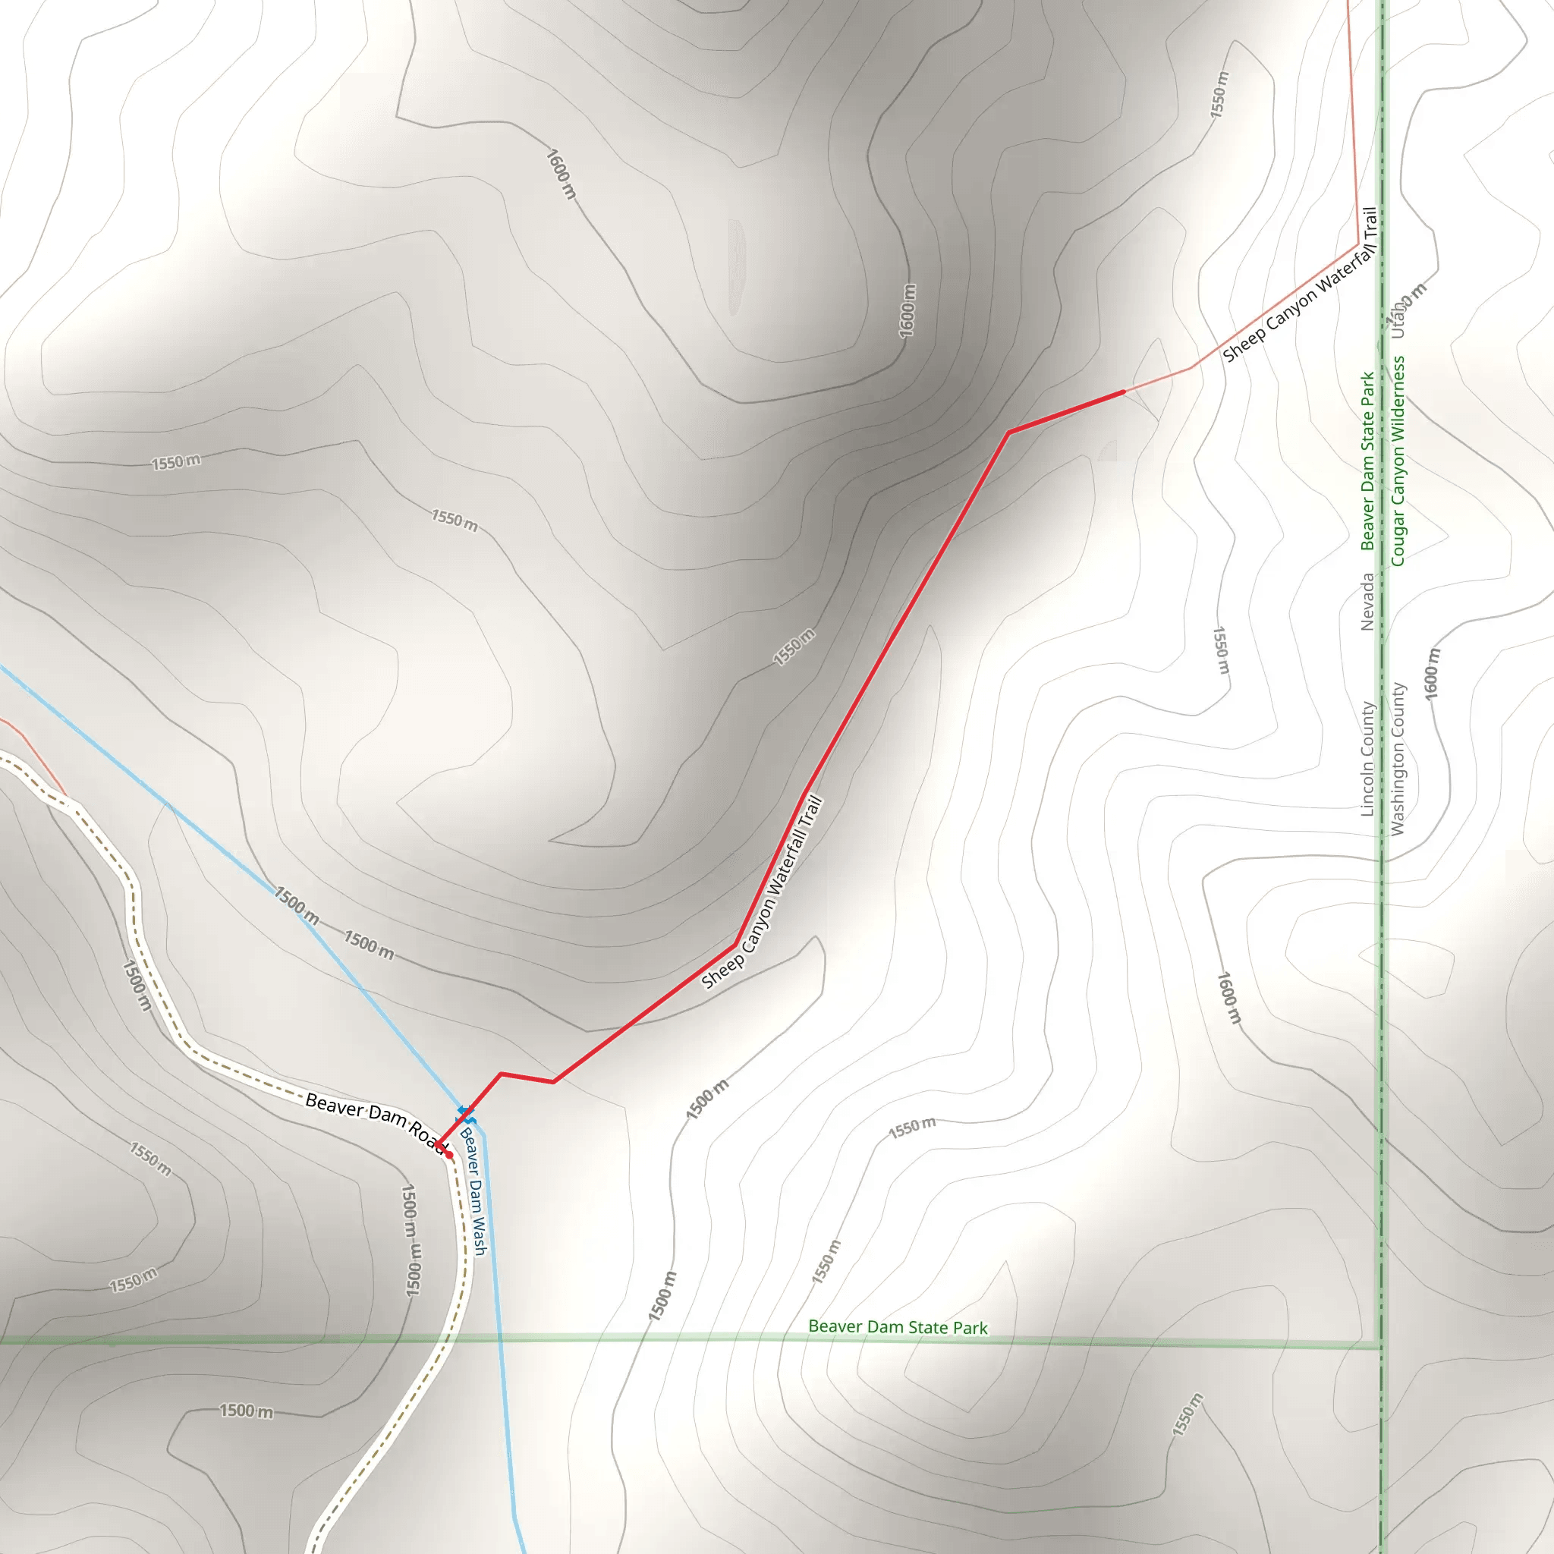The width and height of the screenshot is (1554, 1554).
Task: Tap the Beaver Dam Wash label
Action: [473, 1191]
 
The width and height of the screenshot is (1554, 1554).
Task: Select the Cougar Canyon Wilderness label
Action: [1398, 461]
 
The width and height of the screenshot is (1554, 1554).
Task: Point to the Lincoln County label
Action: [1367, 759]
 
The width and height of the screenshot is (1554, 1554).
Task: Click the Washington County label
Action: [1398, 759]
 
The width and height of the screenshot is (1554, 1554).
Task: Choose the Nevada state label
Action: [1367, 601]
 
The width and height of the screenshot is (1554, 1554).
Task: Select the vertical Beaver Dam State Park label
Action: [1367, 461]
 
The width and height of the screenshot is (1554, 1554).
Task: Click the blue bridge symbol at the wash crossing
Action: [466, 1114]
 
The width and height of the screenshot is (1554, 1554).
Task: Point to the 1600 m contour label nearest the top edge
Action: [562, 173]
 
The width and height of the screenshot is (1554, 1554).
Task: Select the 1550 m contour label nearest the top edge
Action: [1220, 95]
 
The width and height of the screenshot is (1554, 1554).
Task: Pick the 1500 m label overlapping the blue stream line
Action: [297, 906]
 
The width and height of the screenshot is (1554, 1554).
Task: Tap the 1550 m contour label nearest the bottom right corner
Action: [1188, 1415]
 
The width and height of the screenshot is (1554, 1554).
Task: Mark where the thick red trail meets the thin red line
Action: [1124, 392]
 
